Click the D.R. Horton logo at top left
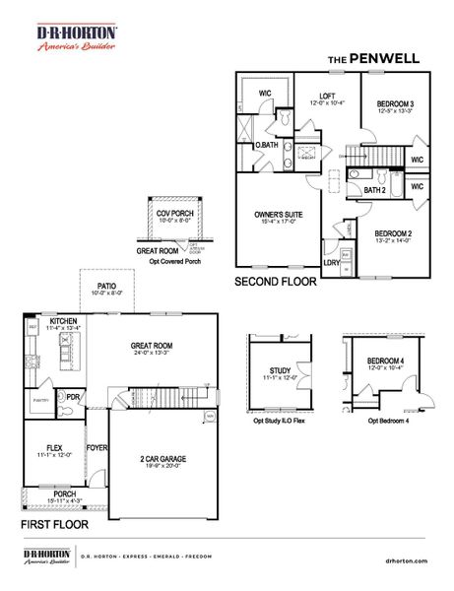77,38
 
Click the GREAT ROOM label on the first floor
153,346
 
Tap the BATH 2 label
374,189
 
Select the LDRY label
332,263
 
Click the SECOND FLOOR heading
275,281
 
